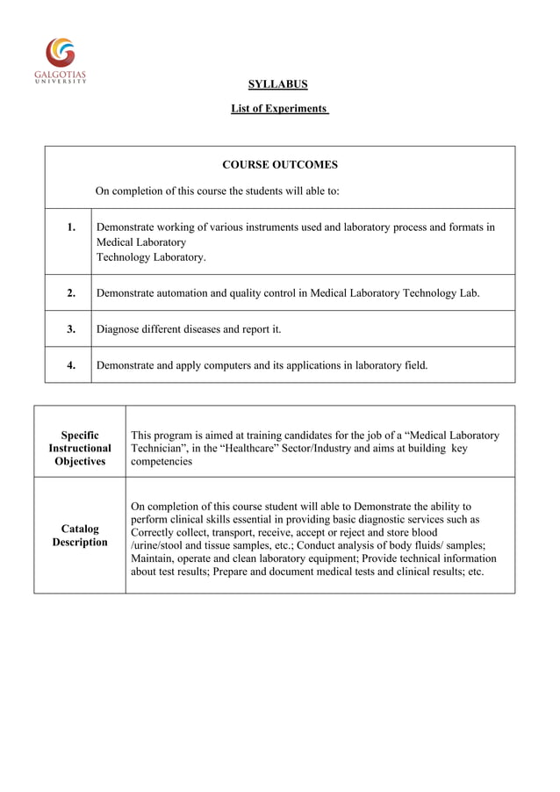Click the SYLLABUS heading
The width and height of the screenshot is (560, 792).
277,84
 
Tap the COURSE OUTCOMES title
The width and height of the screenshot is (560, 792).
279,164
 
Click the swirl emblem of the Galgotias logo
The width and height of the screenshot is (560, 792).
61,52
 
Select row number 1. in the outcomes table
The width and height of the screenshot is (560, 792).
71,227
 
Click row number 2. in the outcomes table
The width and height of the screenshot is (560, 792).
71,293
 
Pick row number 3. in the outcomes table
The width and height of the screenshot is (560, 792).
71,329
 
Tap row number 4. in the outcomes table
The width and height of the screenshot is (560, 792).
71,365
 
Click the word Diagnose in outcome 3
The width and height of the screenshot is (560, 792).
119,329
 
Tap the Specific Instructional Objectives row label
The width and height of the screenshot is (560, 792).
80,448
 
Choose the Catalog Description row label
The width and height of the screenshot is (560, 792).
80,536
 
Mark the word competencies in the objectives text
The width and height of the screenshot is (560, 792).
162,461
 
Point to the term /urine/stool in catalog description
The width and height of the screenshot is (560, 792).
159,545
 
